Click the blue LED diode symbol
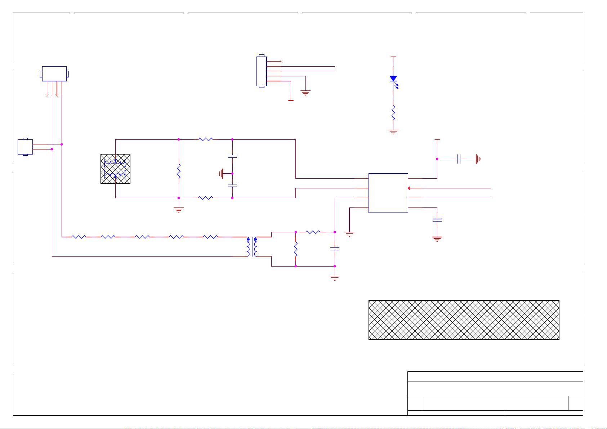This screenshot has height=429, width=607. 393,79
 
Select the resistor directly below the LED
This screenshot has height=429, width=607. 393,113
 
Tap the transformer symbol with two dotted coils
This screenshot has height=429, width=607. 252,247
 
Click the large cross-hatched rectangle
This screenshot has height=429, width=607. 464,320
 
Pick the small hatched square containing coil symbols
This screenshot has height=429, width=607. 115,169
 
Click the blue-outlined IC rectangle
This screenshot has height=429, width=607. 388,193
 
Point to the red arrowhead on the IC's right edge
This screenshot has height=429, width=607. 409,188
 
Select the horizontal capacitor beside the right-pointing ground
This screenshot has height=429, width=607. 459,159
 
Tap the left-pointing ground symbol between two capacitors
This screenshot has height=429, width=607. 221,174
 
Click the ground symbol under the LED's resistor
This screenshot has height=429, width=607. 393,132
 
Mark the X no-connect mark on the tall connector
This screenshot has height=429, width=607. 281,62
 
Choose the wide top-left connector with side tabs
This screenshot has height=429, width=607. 54,74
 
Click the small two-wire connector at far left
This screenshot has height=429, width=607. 25,147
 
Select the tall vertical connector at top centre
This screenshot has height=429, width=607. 262,71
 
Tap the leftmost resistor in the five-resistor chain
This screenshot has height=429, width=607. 79,237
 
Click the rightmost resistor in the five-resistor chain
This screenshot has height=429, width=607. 210,237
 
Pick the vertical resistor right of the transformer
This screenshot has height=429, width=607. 296,249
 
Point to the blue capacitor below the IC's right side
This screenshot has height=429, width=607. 437,220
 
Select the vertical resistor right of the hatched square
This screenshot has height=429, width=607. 179,171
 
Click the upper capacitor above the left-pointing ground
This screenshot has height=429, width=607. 232,156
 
